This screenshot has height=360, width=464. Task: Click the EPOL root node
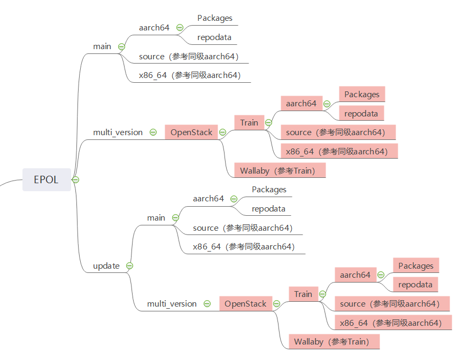[x=46, y=179]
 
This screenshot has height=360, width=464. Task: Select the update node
[x=106, y=265]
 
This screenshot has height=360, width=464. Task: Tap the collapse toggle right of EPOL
[x=76, y=179]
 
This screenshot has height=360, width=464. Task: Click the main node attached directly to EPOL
[x=102, y=46]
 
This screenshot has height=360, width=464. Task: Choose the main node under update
[x=156, y=218]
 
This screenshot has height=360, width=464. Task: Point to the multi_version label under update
[x=172, y=304]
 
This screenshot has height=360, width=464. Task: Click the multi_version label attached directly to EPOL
[x=118, y=132]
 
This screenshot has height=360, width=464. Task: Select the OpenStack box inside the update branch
[x=245, y=304]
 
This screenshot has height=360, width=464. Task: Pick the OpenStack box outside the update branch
[x=191, y=132]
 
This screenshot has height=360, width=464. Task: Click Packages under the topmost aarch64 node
[x=215, y=18]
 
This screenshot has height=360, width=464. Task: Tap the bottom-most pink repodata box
[x=415, y=285]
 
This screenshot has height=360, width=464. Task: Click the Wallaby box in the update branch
[x=331, y=342]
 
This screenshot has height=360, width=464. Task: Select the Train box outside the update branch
[x=249, y=123]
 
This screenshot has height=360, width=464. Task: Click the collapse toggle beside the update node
[x=129, y=265]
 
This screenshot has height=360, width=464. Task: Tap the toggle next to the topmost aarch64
[x=180, y=28]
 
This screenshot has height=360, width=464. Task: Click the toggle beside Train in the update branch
[x=322, y=294]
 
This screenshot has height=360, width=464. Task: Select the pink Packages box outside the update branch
[x=362, y=95]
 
